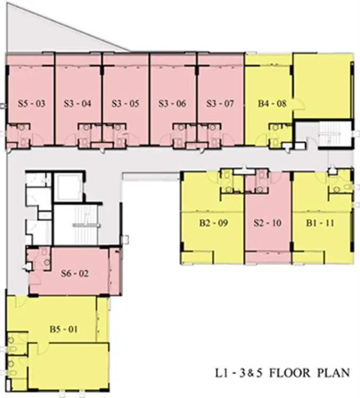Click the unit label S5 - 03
coord(31,103)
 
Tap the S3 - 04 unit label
coord(78,103)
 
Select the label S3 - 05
coord(125,103)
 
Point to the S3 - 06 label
coord(172,103)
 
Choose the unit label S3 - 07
coord(220,103)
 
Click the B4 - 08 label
coord(272,103)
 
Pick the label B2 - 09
coord(213,223)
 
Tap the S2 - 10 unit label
coord(268,223)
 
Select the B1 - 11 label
coord(320,223)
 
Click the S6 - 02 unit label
coord(75,273)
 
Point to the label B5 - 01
coord(64,329)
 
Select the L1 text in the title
coord(221,373)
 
